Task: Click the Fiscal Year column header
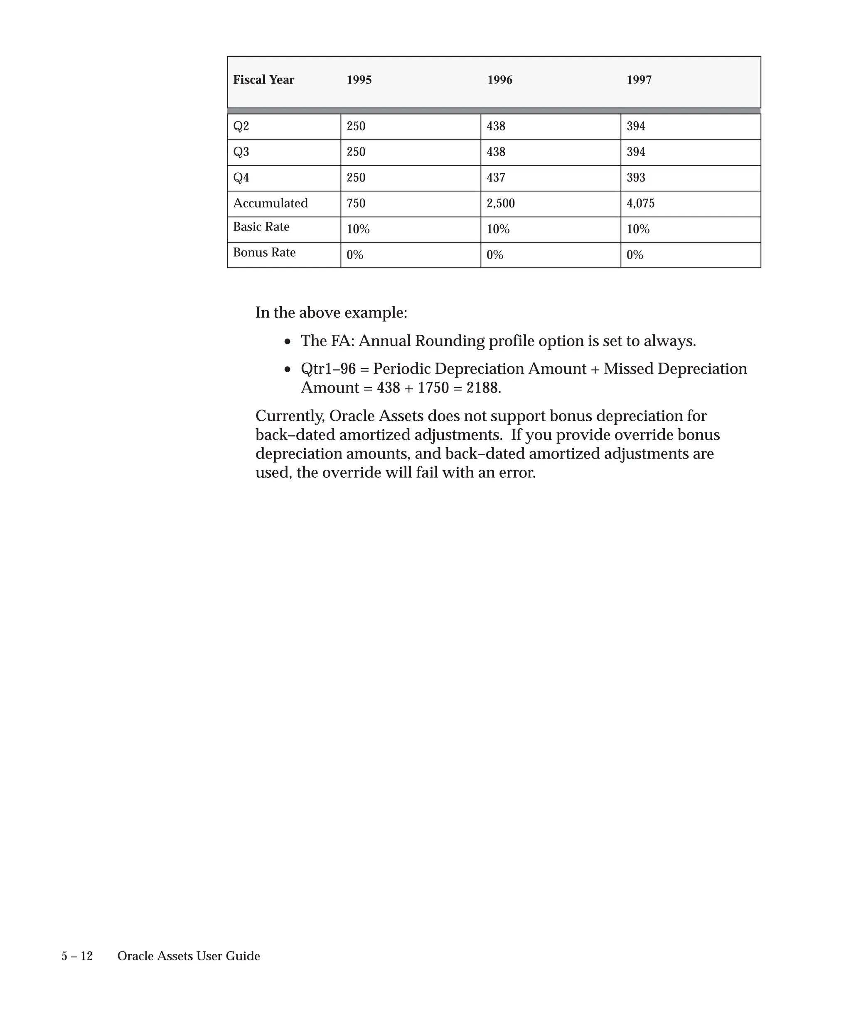coord(263,80)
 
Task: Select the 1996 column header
coord(499,80)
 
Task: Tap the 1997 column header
coord(639,80)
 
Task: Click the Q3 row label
coord(241,152)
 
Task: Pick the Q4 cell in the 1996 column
coord(496,177)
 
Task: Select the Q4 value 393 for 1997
coord(636,177)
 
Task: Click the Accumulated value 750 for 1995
coord(356,203)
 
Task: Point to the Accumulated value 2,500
coord(500,203)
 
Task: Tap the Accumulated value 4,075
coord(640,203)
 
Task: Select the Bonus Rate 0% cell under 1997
coord(635,255)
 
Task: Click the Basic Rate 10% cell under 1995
coord(358,229)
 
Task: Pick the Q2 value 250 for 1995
coord(356,126)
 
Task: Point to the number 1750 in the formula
coord(433,388)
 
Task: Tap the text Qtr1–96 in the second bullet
coord(328,369)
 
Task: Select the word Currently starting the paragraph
coord(290,416)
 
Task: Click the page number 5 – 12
coord(77,956)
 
